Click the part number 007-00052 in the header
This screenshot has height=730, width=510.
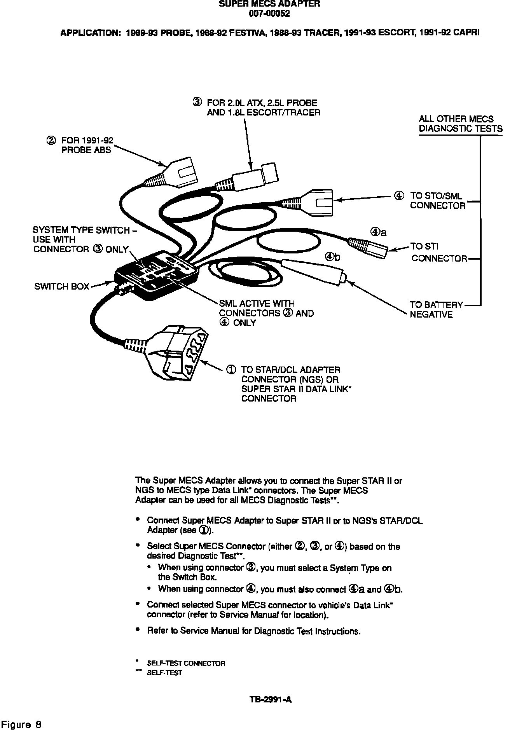click(x=269, y=14)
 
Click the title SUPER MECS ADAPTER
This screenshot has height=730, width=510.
click(x=269, y=4)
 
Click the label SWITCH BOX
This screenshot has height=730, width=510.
click(x=62, y=287)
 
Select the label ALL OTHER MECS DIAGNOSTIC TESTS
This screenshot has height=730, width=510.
click(x=460, y=124)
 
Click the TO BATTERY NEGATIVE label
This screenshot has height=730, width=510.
click(x=436, y=310)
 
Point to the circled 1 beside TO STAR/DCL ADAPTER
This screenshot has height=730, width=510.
click(x=231, y=370)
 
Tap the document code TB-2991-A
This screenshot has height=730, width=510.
click(x=271, y=700)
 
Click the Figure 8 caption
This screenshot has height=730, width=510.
click(x=21, y=724)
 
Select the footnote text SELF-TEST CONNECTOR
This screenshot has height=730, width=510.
click(x=186, y=663)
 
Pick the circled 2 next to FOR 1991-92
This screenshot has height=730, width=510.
click(x=51, y=140)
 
